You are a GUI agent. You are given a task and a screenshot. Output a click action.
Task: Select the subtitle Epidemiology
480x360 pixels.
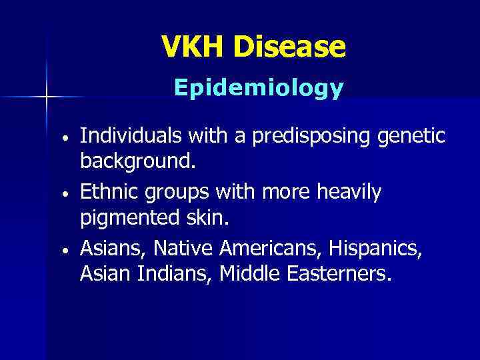coord(259,87)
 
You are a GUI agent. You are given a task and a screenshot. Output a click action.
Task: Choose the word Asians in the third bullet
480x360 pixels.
coord(113,249)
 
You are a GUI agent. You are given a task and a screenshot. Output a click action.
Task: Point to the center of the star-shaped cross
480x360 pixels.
coord(46,97)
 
